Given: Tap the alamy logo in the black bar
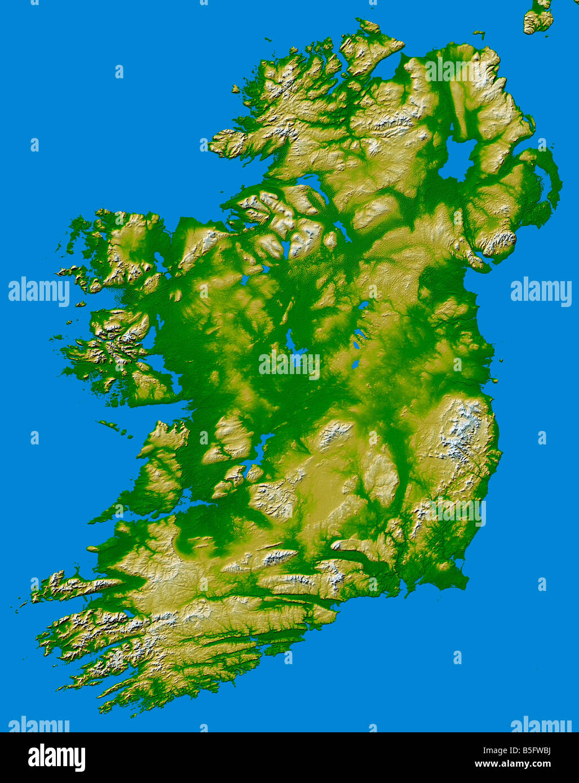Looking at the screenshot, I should (56, 758).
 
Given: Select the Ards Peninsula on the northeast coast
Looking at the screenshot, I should (553, 180).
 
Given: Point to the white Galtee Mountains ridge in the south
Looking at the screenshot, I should (280, 558).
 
